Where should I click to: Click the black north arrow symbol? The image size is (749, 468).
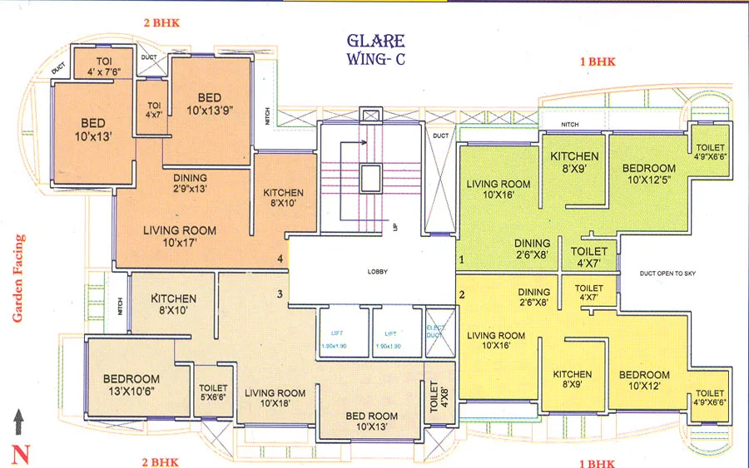(x=19, y=422)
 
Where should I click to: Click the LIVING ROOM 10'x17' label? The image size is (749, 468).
(x=179, y=237)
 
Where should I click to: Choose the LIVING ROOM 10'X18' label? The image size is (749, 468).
(x=275, y=399)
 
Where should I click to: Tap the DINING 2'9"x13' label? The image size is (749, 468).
(x=190, y=183)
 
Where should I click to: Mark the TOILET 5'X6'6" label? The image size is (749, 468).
(x=213, y=392)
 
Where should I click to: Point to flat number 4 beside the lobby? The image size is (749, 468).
(x=280, y=260)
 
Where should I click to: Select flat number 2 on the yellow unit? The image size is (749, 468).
(x=461, y=294)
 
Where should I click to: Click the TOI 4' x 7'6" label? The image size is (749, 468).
(x=105, y=66)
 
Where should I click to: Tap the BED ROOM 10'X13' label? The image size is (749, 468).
(x=371, y=421)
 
